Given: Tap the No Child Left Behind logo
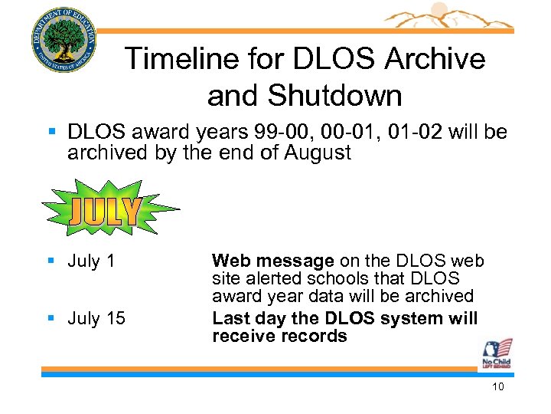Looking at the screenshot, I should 497,354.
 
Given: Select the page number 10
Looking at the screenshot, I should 497,387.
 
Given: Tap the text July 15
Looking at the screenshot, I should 96,318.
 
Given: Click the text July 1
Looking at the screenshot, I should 91,261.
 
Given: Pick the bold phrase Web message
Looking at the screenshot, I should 273,261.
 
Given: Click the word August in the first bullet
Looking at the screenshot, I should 318,153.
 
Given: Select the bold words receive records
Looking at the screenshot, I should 279,336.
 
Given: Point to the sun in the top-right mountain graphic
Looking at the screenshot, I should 439,10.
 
